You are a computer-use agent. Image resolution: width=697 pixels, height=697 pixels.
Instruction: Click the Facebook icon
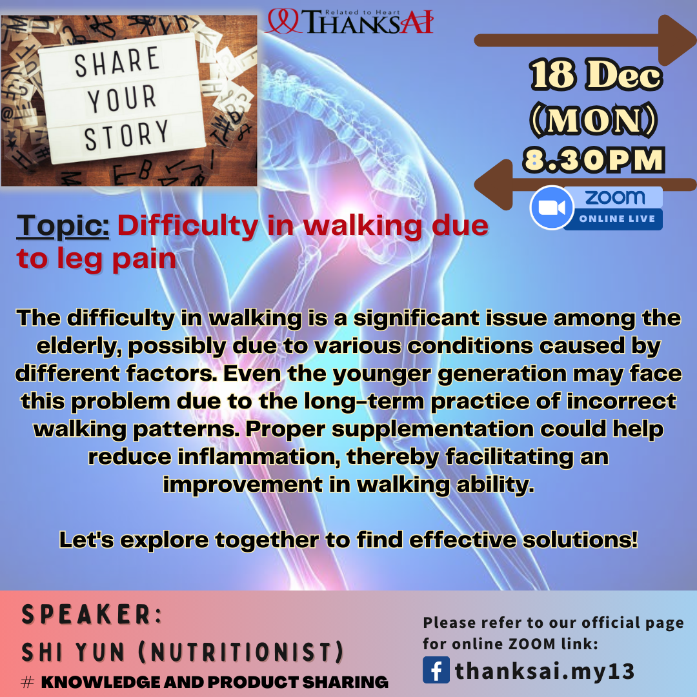[x=436, y=669]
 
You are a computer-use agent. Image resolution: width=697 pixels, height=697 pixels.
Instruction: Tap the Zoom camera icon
[x=552, y=208]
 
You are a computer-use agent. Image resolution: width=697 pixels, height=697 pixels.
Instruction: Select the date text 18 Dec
[x=596, y=75]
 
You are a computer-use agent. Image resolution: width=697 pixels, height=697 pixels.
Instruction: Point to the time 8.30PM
[x=594, y=160]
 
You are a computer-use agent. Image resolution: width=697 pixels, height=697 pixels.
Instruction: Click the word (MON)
[x=594, y=119]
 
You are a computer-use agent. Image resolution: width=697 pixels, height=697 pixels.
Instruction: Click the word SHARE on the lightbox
[x=117, y=61]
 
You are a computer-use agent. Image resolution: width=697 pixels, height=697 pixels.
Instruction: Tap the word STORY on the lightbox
[x=126, y=135]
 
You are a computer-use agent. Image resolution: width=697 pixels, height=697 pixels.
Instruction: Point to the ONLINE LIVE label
[x=617, y=219]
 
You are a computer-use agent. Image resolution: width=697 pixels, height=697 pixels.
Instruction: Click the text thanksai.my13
[x=545, y=671]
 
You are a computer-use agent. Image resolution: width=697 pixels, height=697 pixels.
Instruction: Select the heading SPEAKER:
[x=92, y=614]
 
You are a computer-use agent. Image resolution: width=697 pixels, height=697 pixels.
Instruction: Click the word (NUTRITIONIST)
[x=241, y=652]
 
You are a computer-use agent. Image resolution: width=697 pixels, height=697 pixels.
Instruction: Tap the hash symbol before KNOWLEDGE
[x=28, y=682]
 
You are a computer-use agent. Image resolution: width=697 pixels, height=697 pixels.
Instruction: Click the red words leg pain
[x=116, y=259]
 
